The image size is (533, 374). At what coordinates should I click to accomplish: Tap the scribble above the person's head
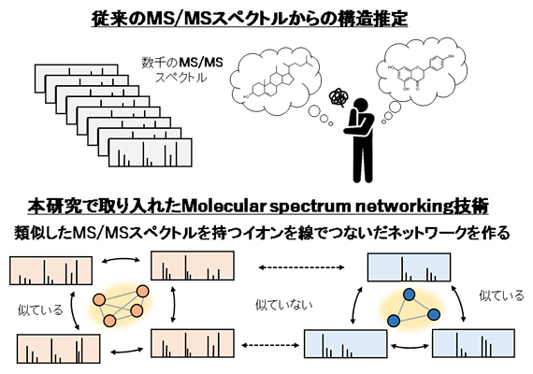(x=343, y=95)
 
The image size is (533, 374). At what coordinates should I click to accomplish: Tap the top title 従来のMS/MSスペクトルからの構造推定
(x=265, y=17)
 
